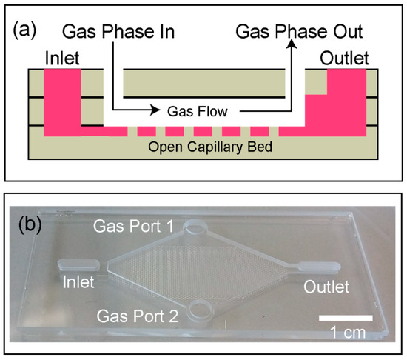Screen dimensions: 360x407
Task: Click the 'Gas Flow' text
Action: coord(195,113)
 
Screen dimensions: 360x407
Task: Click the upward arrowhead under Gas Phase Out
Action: coord(294,45)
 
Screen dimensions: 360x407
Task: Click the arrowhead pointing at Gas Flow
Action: coord(155,112)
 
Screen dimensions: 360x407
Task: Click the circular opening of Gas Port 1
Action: coord(199,227)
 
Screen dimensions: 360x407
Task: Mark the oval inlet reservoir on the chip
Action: coord(77,264)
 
